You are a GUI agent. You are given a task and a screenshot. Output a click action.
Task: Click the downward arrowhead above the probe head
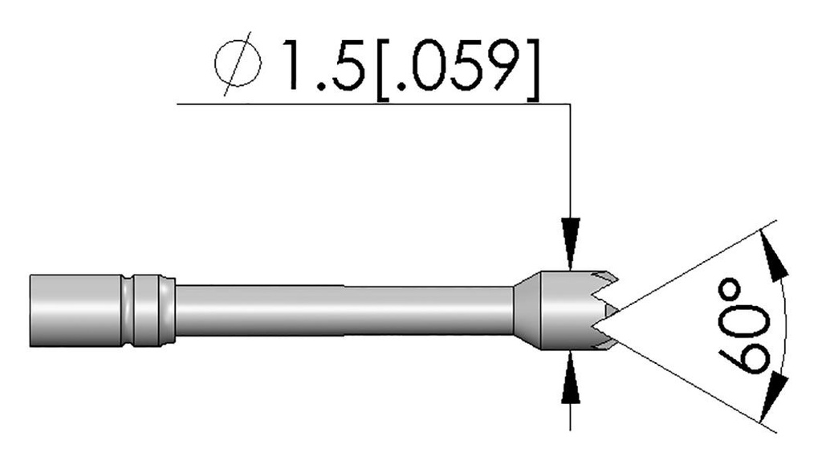pos(570,241)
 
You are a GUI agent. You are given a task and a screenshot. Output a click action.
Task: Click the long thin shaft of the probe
pos(345,310)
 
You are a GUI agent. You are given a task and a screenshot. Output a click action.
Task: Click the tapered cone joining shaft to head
pos(527,310)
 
